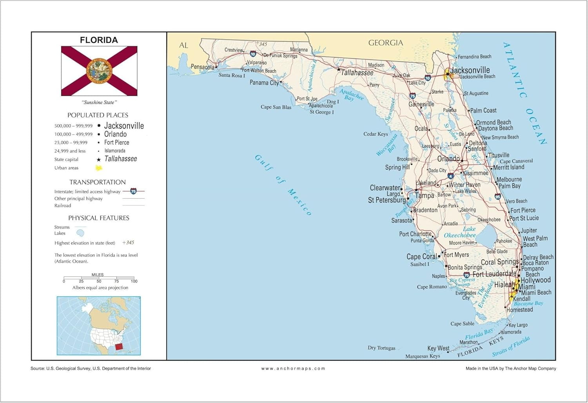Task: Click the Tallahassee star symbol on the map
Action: (339, 69)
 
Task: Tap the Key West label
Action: (438, 348)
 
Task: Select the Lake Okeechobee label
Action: (460, 232)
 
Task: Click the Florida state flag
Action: (99, 71)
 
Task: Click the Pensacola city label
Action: (202, 67)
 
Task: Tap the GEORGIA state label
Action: (385, 43)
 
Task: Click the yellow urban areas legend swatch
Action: (99, 168)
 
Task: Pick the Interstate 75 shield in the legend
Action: (133, 191)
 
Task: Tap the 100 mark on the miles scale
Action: (134, 281)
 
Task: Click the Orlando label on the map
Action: (448, 158)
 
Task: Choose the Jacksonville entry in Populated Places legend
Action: (124, 126)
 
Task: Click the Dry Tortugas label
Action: (381, 348)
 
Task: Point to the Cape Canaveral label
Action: (516, 161)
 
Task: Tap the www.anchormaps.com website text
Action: (293, 369)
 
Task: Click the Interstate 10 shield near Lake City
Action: (428, 78)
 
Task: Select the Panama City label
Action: (264, 83)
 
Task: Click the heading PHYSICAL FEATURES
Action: (99, 218)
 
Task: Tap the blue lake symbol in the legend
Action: (80, 233)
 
